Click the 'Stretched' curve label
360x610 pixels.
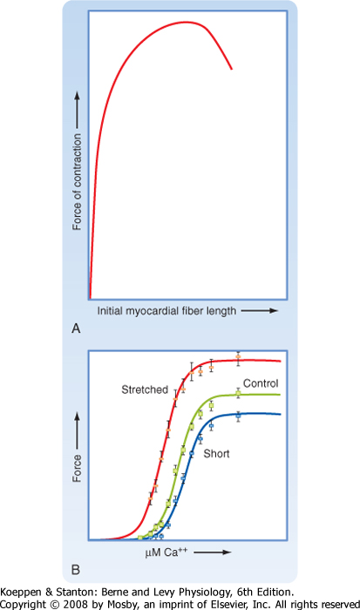point(145,390)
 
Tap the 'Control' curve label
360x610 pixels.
point(261,383)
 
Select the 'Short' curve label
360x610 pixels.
point(216,454)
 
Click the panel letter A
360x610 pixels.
point(76,329)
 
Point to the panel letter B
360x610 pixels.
point(76,570)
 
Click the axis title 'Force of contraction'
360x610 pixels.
point(77,181)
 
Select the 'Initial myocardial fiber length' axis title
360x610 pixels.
point(166,311)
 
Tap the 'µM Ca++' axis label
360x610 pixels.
point(166,552)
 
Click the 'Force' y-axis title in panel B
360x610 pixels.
point(77,469)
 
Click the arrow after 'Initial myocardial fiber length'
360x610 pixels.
point(259,311)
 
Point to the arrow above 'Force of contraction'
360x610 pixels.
point(77,110)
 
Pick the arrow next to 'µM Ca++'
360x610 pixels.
point(213,552)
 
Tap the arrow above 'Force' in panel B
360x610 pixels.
point(77,430)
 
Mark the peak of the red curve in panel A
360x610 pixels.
point(187,22)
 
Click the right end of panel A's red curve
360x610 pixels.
point(232,69)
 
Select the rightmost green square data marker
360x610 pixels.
point(238,393)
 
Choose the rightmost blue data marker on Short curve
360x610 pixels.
point(238,416)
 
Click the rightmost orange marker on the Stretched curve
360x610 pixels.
point(238,356)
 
